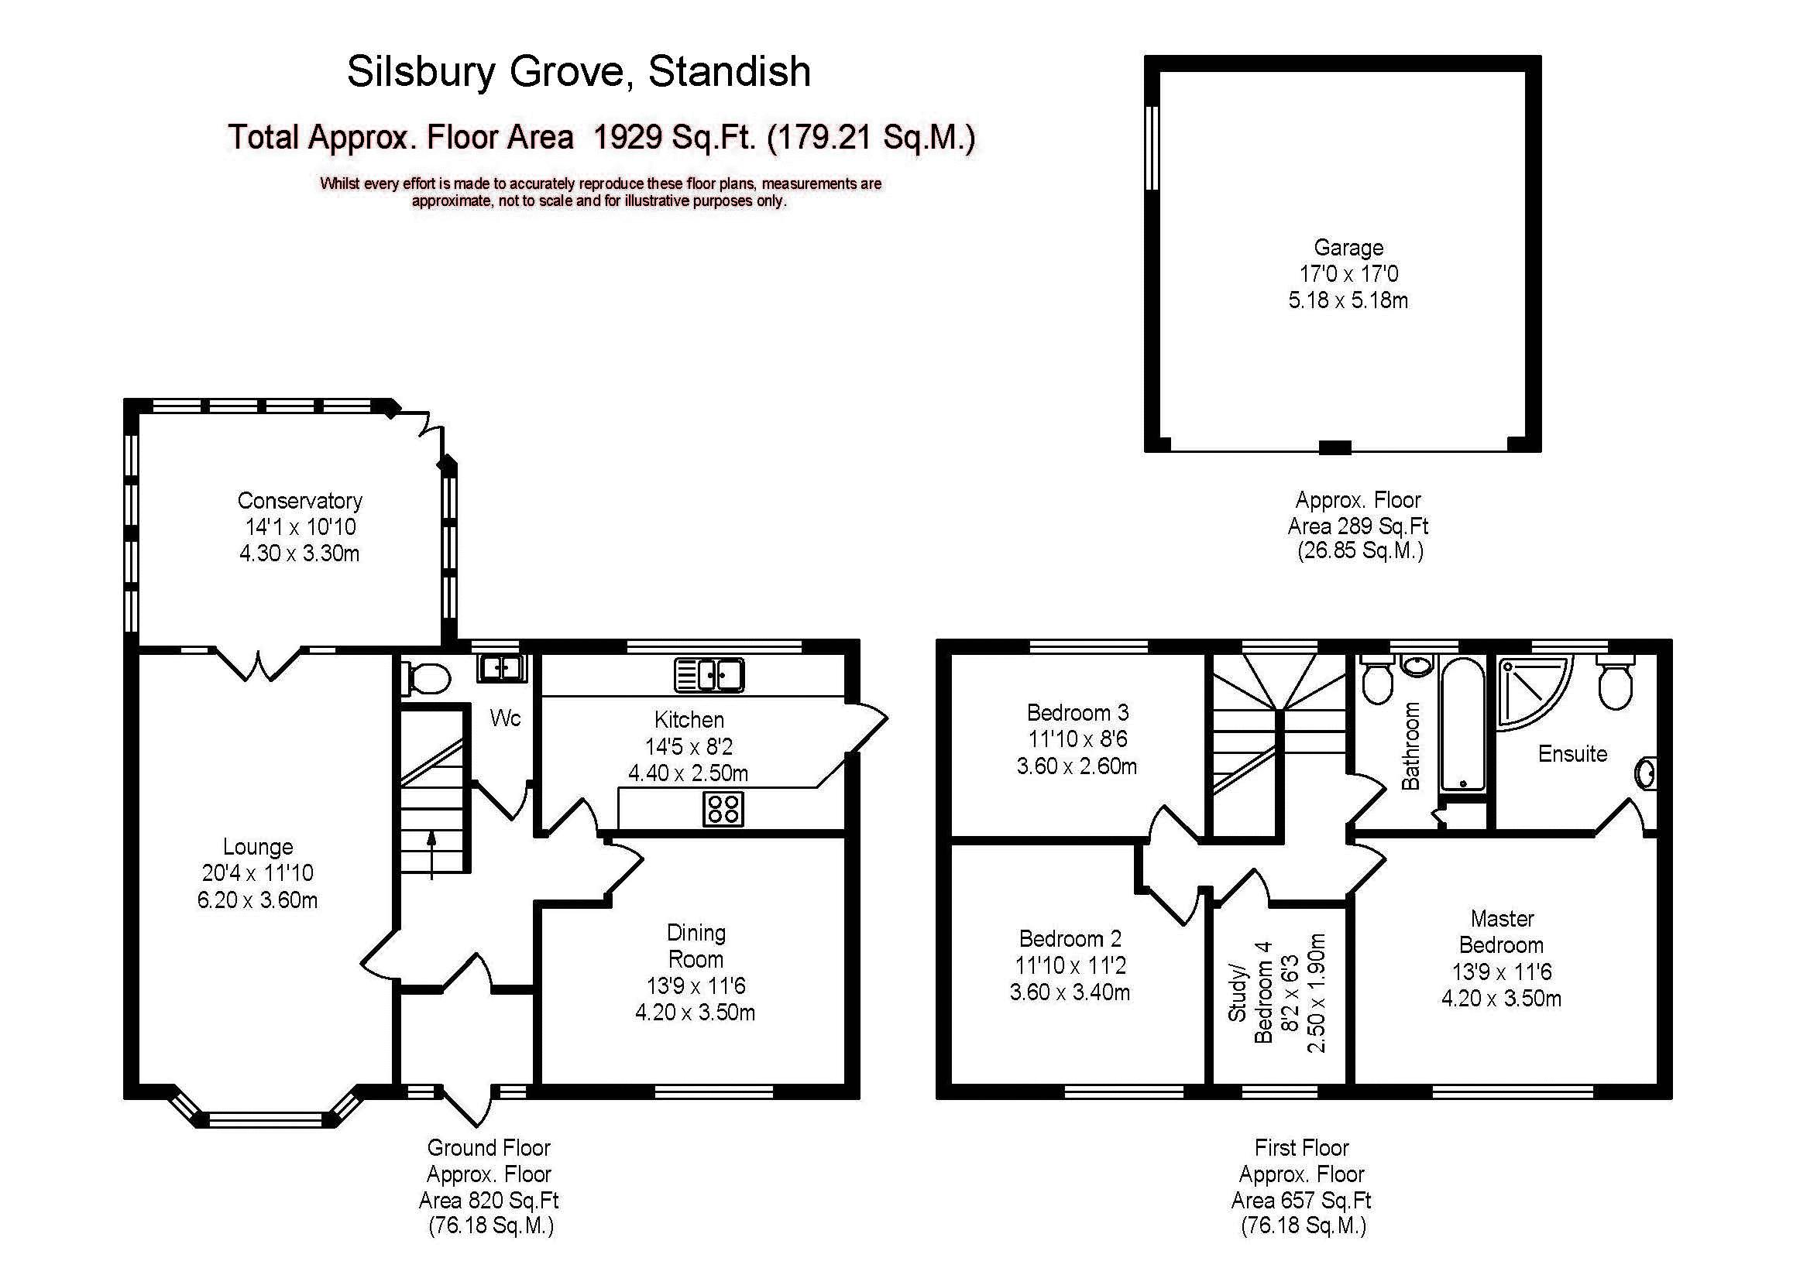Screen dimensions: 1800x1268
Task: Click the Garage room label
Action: [x=1348, y=248]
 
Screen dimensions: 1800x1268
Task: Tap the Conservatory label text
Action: [x=300, y=501]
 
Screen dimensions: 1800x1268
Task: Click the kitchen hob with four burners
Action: [x=723, y=809]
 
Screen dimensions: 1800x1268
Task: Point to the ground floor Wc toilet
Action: [x=425, y=680]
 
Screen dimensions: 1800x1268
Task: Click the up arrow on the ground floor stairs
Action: [x=431, y=855]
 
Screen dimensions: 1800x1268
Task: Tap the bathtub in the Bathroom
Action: [x=1462, y=725]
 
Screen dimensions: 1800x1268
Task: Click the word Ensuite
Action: [x=1572, y=754]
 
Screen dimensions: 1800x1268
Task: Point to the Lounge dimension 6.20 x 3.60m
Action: [x=257, y=900]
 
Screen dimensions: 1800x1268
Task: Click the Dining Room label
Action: [x=696, y=946]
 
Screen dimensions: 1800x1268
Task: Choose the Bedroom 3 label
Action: [x=1077, y=712]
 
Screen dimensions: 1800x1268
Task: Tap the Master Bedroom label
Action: [x=1501, y=932]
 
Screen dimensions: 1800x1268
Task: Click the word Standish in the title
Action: [x=729, y=71]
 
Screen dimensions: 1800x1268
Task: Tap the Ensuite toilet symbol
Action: [x=1615, y=685]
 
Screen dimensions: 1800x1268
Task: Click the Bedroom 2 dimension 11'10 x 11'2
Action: [x=1070, y=965]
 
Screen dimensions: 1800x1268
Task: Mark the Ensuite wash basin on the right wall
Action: [x=1646, y=774]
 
